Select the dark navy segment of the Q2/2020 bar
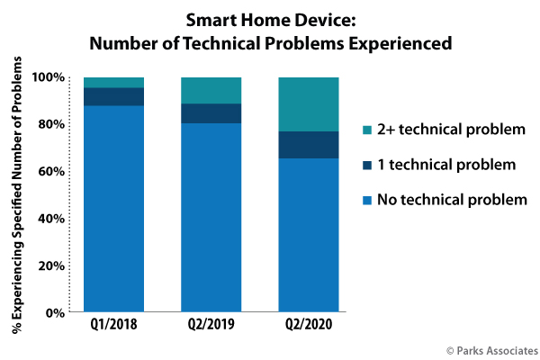pos(308,145)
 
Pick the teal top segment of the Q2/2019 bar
pos(211,90)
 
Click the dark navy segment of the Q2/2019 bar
pos(211,113)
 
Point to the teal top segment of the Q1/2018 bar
pos(114,82)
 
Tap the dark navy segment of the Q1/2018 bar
pos(114,96)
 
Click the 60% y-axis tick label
pos(51,172)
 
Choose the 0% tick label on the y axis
pos(55,313)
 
